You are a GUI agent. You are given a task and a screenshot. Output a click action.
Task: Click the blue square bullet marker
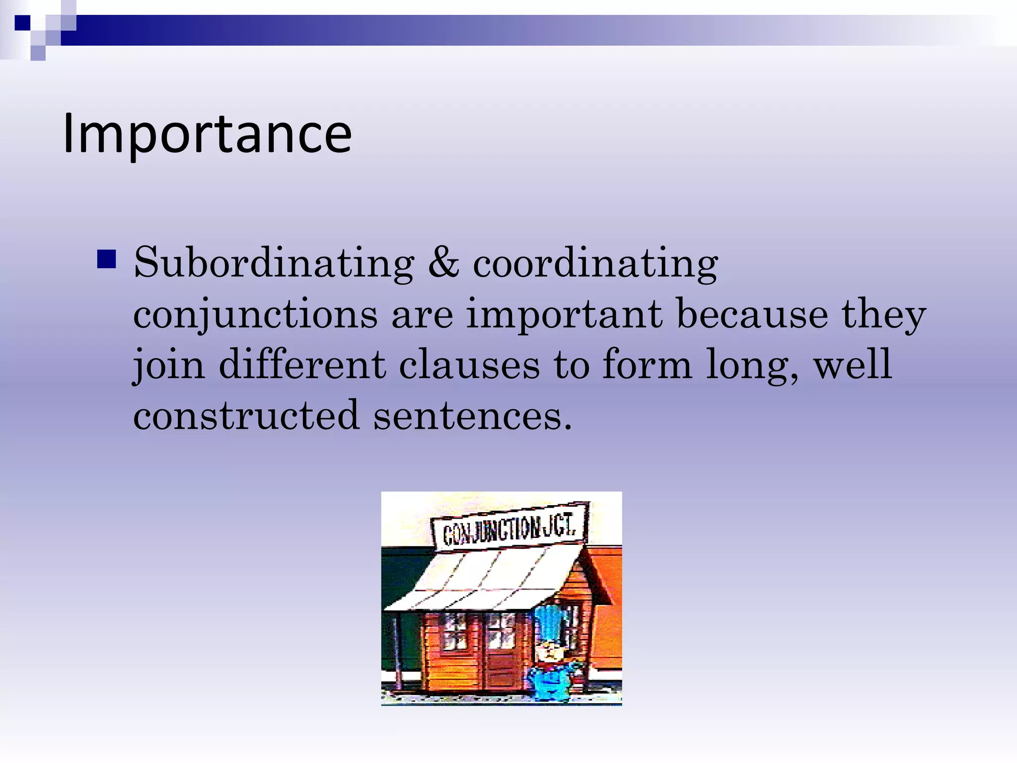(107, 259)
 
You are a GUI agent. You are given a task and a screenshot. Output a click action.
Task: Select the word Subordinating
(274, 263)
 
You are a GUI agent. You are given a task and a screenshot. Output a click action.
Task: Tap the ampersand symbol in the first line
(443, 262)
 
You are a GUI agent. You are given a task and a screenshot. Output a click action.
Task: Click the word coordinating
(595, 263)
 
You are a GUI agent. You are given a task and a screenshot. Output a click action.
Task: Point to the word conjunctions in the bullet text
(255, 315)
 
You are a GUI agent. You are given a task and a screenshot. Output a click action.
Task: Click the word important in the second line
(564, 315)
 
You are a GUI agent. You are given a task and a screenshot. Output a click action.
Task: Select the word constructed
(246, 415)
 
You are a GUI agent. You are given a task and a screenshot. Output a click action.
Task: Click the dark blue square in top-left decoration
(23, 23)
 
